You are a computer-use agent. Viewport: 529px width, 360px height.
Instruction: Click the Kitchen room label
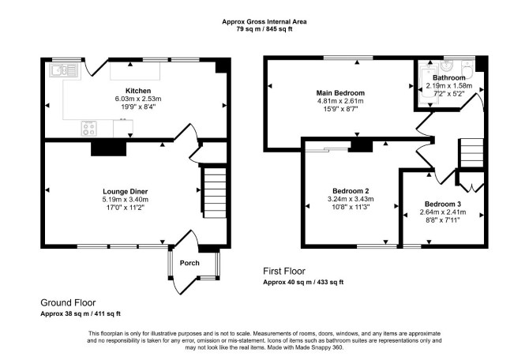coord(138,91)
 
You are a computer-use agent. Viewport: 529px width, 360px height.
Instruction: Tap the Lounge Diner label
coord(126,192)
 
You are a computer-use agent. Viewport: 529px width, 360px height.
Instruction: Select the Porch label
coord(189,263)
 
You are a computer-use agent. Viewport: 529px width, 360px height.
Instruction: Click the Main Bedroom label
coord(340,93)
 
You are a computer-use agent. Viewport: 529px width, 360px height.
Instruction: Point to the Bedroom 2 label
coord(351,191)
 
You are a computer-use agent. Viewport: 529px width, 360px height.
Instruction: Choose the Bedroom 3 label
coord(443,204)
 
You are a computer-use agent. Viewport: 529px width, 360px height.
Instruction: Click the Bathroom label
coord(449,78)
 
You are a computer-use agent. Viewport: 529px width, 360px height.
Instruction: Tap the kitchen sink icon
coord(64,70)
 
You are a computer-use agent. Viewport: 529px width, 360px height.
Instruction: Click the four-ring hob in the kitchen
coord(89,128)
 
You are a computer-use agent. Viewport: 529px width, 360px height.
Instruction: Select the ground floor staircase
coord(215,193)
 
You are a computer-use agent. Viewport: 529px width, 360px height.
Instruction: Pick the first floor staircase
coord(471,153)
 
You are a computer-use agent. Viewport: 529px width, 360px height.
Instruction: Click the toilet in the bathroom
coord(467,69)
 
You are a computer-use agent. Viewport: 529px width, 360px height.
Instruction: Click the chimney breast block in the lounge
coord(109,148)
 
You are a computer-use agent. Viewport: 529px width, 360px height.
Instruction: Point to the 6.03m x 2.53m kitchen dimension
coord(138,99)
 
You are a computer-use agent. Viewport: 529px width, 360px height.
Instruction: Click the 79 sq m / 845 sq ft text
coord(264,29)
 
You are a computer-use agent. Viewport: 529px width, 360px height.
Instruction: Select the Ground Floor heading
coord(68,302)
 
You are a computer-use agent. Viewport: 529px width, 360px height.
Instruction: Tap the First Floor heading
coord(284,272)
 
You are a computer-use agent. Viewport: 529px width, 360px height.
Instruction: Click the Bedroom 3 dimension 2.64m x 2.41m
coord(443,212)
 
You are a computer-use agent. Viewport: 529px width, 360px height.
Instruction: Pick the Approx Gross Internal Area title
coord(264,21)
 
